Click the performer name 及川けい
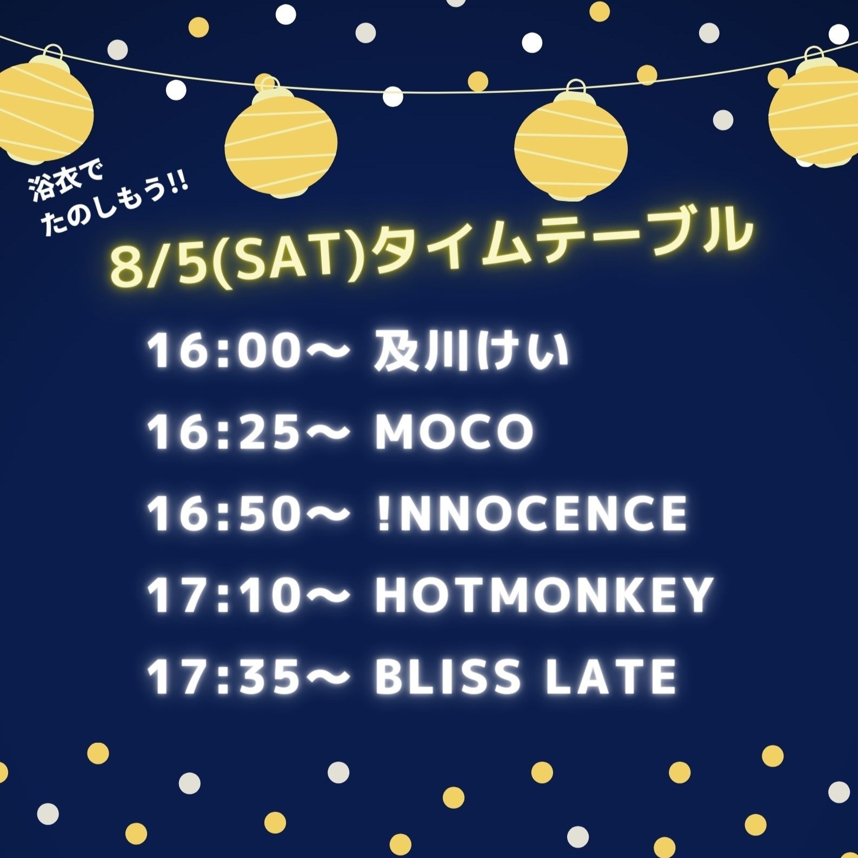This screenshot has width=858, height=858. click(x=471, y=352)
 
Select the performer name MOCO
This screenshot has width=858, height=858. click(x=454, y=433)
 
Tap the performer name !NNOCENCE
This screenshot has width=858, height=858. click(x=533, y=513)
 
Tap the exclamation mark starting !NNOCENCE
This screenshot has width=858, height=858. click(x=383, y=513)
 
